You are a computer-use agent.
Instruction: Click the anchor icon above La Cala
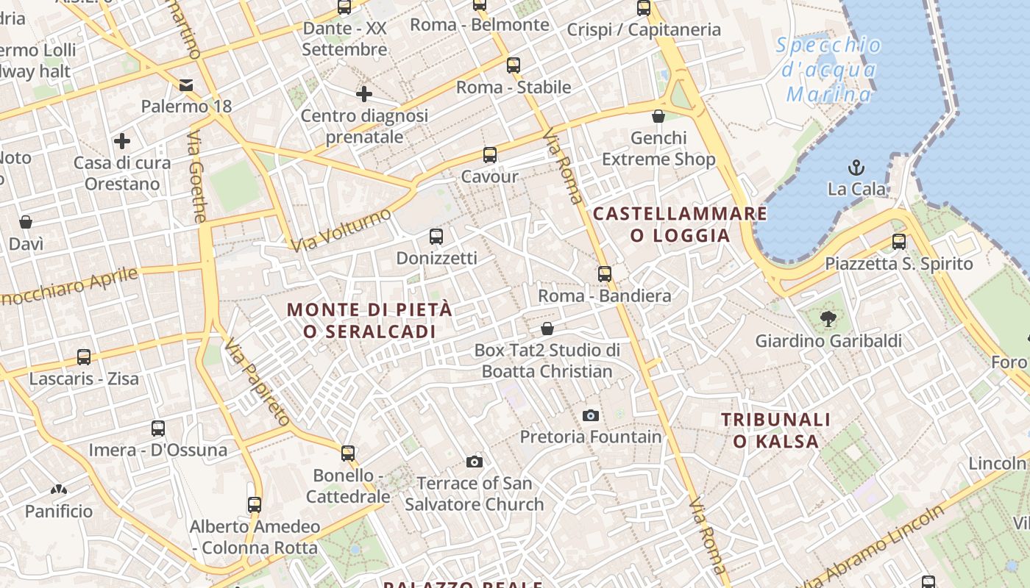pyautogui.click(x=856, y=167)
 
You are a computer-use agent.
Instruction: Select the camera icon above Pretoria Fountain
pyautogui.click(x=590, y=415)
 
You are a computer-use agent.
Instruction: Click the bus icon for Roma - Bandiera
pyautogui.click(x=605, y=274)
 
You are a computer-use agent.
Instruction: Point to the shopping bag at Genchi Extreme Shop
pyautogui.click(x=658, y=116)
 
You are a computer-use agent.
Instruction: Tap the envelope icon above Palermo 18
pyautogui.click(x=186, y=85)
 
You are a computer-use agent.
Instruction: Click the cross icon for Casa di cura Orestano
pyautogui.click(x=122, y=141)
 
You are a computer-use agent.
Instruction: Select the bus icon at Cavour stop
pyautogui.click(x=490, y=155)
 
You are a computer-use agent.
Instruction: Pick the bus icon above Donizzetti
pyautogui.click(x=436, y=237)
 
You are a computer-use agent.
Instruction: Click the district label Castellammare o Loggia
pyautogui.click(x=680, y=224)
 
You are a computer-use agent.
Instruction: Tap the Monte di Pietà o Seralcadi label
pyautogui.click(x=369, y=320)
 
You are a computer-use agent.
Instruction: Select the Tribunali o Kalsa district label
pyautogui.click(x=775, y=430)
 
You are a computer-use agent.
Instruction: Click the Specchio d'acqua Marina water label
pyautogui.click(x=828, y=70)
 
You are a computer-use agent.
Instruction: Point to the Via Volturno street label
pyautogui.click(x=341, y=230)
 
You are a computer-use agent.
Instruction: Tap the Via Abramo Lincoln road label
pyautogui.click(x=883, y=545)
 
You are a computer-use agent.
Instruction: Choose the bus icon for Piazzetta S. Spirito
pyautogui.click(x=898, y=242)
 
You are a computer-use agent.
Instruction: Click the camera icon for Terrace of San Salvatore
pyautogui.click(x=475, y=462)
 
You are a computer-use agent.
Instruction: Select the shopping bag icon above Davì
pyautogui.click(x=26, y=222)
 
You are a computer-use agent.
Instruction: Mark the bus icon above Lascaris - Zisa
pyautogui.click(x=84, y=357)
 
